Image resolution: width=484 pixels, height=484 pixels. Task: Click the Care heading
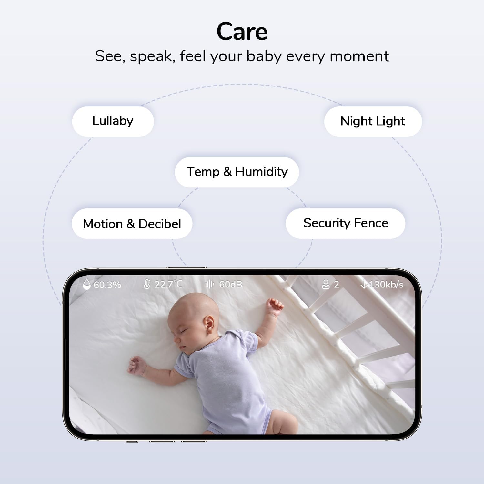click(x=242, y=32)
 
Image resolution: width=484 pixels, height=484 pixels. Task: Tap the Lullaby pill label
click(x=113, y=121)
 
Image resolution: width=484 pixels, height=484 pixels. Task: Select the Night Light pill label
click(x=373, y=121)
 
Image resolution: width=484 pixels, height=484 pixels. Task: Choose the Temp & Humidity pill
click(x=237, y=172)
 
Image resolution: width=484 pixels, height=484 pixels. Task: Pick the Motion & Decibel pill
click(x=132, y=224)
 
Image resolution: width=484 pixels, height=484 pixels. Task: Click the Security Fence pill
click(x=346, y=223)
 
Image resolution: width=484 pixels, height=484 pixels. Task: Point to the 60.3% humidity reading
click(x=107, y=285)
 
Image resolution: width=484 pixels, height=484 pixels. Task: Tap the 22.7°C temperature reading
click(x=168, y=284)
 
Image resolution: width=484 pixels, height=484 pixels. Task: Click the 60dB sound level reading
click(x=230, y=284)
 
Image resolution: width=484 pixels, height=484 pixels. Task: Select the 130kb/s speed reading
click(x=386, y=284)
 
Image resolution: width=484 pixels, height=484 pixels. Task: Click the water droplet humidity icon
click(x=86, y=284)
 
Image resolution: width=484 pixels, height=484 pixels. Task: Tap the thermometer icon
click(x=147, y=284)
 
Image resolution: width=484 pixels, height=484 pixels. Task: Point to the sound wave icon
click(x=210, y=284)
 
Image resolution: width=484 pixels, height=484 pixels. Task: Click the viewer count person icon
click(x=326, y=284)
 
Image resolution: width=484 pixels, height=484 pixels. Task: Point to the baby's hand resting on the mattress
click(x=136, y=365)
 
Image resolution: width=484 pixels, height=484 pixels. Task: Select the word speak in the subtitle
click(x=152, y=56)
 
